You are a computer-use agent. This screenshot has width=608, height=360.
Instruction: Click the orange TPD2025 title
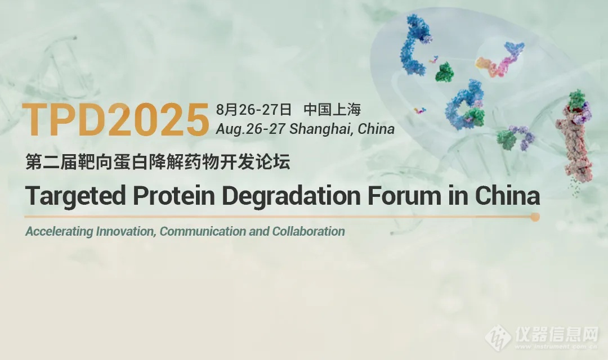[x=115, y=120]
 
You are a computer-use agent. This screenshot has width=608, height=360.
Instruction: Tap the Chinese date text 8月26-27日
[x=253, y=110]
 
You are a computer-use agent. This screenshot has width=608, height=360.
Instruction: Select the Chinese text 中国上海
[x=332, y=110]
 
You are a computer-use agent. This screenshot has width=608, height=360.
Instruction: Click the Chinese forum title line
[x=158, y=161]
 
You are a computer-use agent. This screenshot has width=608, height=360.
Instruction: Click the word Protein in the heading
[x=174, y=196]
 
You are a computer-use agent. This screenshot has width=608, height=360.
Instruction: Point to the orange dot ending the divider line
[x=535, y=217]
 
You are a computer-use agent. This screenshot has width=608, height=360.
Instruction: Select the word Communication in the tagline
[x=203, y=231]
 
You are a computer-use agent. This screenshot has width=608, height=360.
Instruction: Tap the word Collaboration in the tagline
[x=309, y=231]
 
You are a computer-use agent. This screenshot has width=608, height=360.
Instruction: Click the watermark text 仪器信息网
[x=557, y=333]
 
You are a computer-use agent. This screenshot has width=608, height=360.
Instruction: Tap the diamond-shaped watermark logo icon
[x=498, y=337]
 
